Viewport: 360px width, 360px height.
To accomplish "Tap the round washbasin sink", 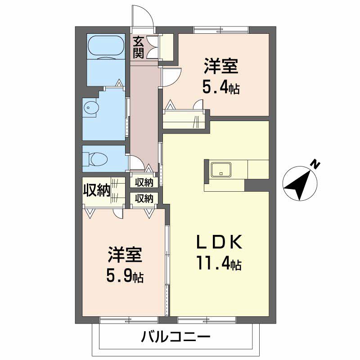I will [90, 107].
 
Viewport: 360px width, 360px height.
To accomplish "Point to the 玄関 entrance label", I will [138, 48].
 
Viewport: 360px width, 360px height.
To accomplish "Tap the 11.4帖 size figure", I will [219, 263].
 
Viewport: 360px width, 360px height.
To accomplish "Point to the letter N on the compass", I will [316, 165].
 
